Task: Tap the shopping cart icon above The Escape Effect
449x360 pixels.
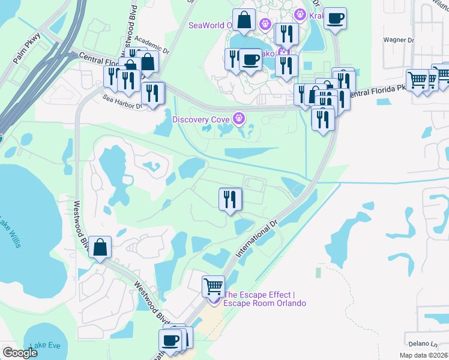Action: [213, 286]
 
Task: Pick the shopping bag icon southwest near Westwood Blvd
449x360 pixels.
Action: [100, 246]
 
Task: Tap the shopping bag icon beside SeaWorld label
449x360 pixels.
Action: [245, 20]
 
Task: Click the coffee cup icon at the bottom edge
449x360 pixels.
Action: [170, 341]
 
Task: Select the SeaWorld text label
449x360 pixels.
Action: [209, 25]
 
